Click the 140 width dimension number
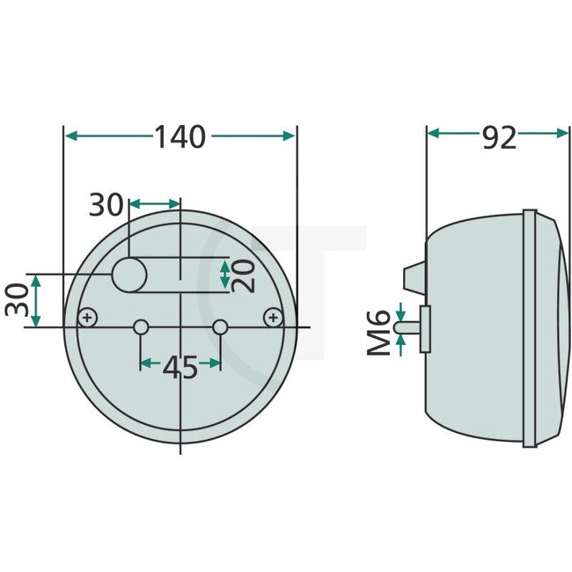180,136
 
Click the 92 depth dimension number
499,136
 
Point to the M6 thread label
379,333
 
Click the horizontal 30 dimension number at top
107,205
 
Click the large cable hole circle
129,275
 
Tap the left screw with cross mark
87,318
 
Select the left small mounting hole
140,328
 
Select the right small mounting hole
220,328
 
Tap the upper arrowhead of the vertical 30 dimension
36,280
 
